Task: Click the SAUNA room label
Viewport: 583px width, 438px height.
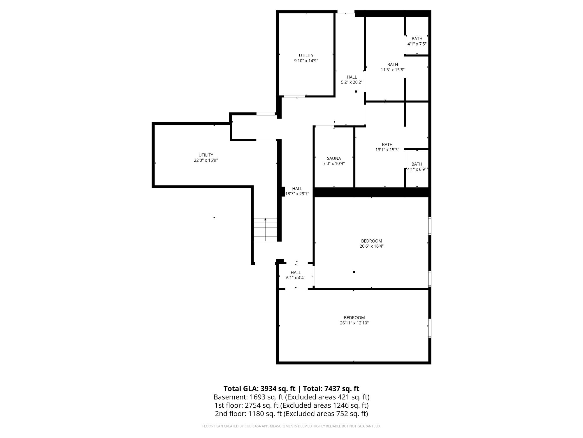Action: (334, 158)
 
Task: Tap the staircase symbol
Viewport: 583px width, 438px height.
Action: (265, 230)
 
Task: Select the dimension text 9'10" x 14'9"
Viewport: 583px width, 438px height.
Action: (306, 61)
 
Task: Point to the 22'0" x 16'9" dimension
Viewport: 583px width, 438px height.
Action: (206, 160)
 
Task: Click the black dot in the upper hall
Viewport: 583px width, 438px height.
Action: (356, 91)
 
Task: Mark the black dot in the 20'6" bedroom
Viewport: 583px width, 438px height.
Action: (354, 272)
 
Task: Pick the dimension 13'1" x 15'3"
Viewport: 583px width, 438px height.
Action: (387, 150)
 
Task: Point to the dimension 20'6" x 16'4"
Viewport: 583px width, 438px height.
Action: (371, 246)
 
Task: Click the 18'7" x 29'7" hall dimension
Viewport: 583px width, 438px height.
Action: (297, 194)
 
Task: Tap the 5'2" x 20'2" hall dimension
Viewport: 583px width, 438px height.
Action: (352, 82)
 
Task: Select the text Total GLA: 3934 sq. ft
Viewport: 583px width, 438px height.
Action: (259, 389)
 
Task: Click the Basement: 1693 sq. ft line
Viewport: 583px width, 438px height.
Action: (291, 397)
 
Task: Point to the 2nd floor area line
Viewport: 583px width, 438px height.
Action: (291, 414)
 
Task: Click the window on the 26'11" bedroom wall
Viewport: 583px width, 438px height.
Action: (430, 328)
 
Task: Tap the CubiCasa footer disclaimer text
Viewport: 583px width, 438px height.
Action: (291, 426)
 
